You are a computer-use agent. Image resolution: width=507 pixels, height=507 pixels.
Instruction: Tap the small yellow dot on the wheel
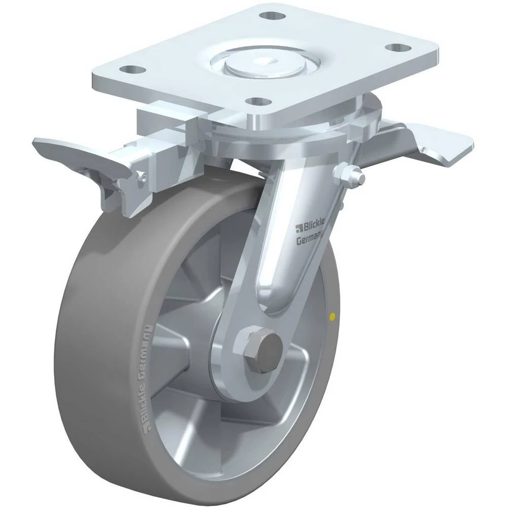tap(331, 317)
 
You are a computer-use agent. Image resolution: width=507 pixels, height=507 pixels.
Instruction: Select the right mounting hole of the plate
tap(398, 47)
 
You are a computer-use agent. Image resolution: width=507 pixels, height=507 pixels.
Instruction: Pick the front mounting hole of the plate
tap(259, 101)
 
